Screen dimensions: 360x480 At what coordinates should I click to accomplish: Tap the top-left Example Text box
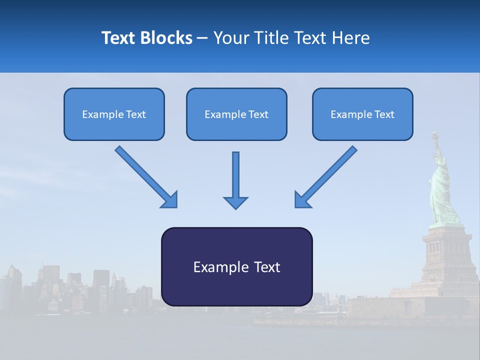[x=114, y=114]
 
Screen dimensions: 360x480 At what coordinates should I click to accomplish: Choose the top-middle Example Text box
[x=236, y=114]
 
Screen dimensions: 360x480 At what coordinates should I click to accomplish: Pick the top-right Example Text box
[x=362, y=114]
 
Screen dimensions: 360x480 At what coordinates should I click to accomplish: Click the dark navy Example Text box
[x=236, y=266]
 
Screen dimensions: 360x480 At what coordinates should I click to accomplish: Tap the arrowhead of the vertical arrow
[x=235, y=202]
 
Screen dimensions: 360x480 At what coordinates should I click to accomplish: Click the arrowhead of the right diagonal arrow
[x=302, y=200]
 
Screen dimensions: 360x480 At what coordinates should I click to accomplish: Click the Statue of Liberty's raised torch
[x=434, y=135]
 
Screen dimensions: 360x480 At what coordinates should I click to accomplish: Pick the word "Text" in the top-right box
[x=384, y=114]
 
